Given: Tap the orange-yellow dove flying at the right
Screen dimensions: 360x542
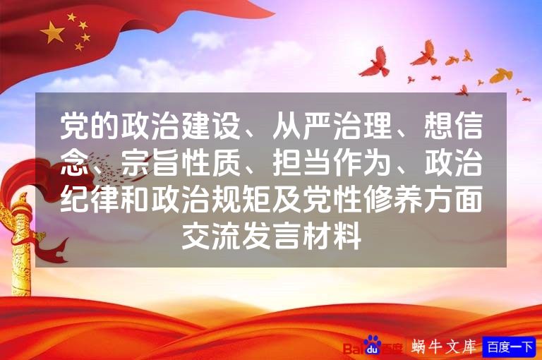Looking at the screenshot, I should coord(500,75).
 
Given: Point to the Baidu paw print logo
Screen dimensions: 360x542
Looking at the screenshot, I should coord(372,346).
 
